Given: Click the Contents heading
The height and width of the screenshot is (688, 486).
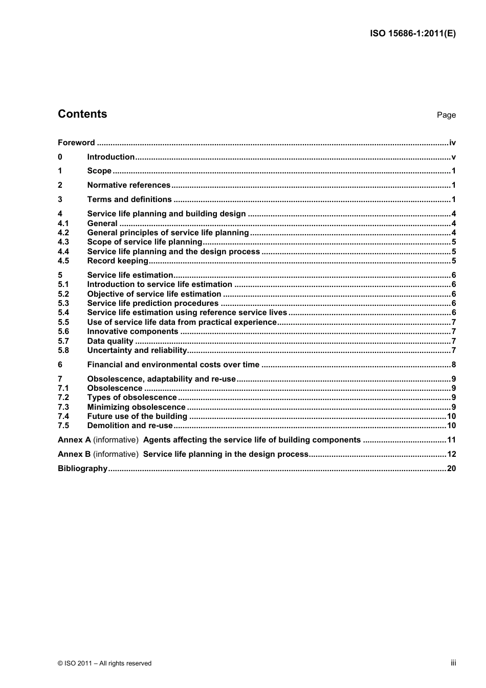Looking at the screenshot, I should point(82,114).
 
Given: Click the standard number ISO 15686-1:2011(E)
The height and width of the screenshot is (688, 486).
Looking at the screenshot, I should point(412,34).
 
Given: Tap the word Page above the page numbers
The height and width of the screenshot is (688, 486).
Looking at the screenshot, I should point(446,115).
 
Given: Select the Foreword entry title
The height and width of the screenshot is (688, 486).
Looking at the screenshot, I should point(76,143).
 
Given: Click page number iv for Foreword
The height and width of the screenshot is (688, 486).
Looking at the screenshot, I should point(452,143).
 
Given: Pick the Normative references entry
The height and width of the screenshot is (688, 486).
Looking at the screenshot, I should point(128,185).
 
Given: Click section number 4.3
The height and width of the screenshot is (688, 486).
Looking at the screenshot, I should point(63,242).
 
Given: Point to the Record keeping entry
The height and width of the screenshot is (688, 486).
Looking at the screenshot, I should point(118,261).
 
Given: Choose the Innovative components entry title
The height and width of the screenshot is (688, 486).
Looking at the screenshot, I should point(132,331).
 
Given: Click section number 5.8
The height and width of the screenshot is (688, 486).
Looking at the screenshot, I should point(63,350).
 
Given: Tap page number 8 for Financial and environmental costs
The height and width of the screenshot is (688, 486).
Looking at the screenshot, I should point(453,365).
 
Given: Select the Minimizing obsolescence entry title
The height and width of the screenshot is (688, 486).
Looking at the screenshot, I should point(136,407).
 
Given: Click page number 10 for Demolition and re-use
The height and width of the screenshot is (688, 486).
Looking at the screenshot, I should point(451,426).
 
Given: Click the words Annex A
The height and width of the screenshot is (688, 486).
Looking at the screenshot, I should point(74,440).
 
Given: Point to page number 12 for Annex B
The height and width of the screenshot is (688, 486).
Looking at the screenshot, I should point(451,454).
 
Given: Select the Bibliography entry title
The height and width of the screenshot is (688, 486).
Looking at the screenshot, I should point(82,469).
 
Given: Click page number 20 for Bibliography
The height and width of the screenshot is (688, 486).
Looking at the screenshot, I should point(451,469).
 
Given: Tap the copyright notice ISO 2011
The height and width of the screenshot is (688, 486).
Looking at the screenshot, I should point(104,663).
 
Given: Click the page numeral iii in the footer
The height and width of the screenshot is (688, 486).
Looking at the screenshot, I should point(453,663).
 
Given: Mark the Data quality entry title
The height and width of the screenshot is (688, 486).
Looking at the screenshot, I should point(110,341).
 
